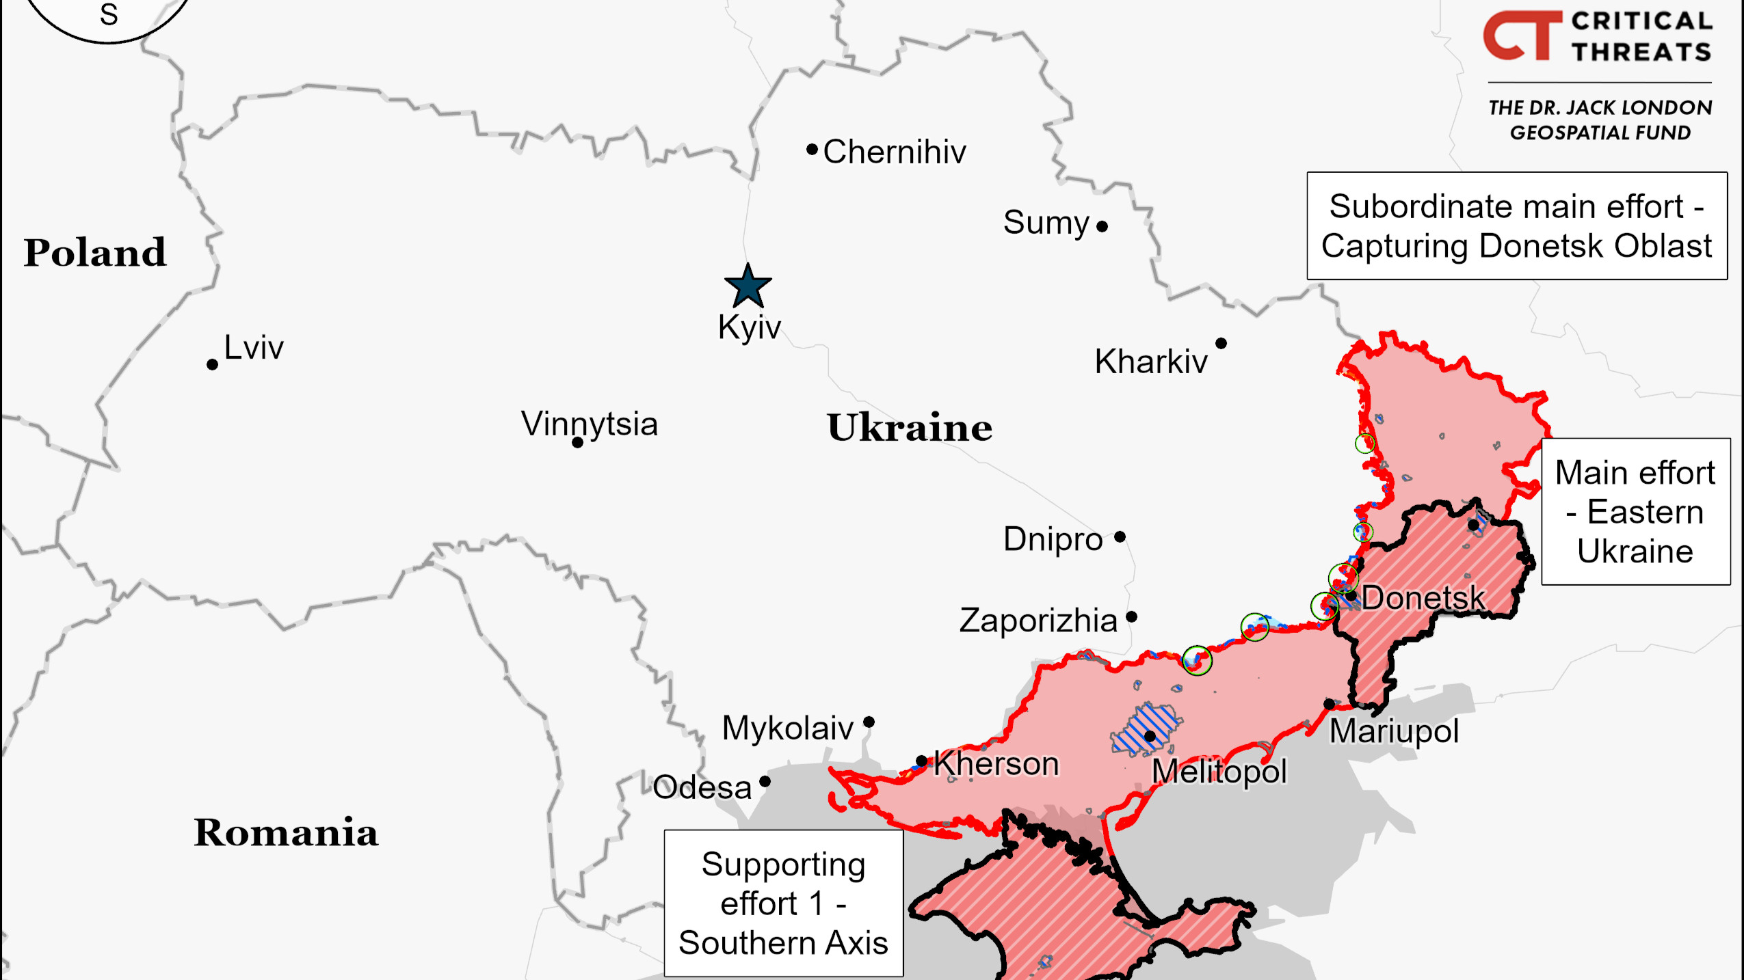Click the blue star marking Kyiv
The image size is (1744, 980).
[x=748, y=287]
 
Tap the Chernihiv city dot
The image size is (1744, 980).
[x=812, y=149]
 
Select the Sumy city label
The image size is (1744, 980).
[x=1046, y=223]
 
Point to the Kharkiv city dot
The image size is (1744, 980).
[x=1221, y=343]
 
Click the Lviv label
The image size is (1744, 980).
[x=253, y=348]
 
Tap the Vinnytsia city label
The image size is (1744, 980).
[x=589, y=424]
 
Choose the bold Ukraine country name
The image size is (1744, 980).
[x=909, y=428]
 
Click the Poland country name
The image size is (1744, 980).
[x=95, y=253]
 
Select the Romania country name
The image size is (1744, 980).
[x=285, y=832]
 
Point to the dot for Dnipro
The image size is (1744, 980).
[x=1120, y=536]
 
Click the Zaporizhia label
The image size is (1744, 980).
[x=1038, y=621]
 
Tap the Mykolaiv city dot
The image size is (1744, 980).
[x=869, y=722]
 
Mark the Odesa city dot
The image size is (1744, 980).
[x=765, y=781]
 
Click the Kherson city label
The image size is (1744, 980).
[x=996, y=763]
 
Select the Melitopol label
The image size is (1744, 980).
[x=1219, y=772]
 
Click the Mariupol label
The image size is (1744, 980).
[x=1393, y=731]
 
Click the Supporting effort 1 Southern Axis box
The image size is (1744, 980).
[x=783, y=903]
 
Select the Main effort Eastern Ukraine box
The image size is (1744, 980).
[x=1635, y=511]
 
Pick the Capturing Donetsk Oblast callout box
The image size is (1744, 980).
[x=1516, y=226]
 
